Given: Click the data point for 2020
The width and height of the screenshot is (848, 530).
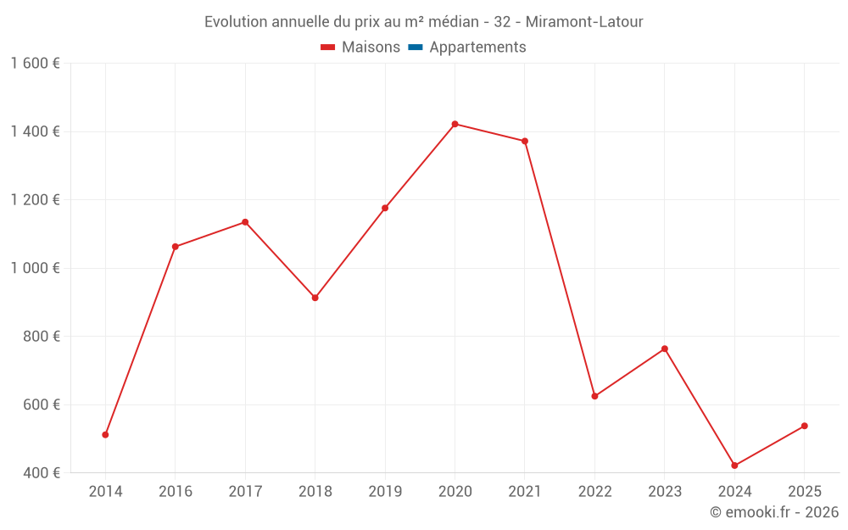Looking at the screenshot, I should coord(455,124).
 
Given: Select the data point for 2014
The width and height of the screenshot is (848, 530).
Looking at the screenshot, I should coord(105,435).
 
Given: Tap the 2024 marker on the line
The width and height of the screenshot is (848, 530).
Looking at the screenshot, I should coord(734,466).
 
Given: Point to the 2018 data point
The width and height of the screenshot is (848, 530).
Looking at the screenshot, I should coord(315,298).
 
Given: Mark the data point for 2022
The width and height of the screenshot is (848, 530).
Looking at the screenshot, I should coord(594,396).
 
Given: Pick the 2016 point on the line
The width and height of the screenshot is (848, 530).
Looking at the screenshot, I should coord(176,247).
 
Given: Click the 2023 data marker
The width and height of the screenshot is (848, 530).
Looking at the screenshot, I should coord(665,349).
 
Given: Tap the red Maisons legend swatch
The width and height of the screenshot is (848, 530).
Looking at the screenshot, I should coord(328,47).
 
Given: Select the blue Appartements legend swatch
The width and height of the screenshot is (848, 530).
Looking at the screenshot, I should coord(416,47).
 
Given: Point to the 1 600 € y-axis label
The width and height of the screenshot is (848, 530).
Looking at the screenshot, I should coord(35,64).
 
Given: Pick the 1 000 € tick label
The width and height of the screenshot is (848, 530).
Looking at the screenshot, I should coord(35,268).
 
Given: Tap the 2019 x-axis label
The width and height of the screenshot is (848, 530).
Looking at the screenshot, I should coord(385,492).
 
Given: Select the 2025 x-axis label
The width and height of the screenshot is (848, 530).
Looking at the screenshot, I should coord(804,492).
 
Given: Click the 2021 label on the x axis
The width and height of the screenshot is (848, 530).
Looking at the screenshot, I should coord(525,492).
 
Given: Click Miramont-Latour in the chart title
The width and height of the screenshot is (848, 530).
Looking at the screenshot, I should coord(584,22).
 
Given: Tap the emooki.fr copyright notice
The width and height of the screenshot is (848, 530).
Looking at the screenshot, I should coord(774,512).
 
